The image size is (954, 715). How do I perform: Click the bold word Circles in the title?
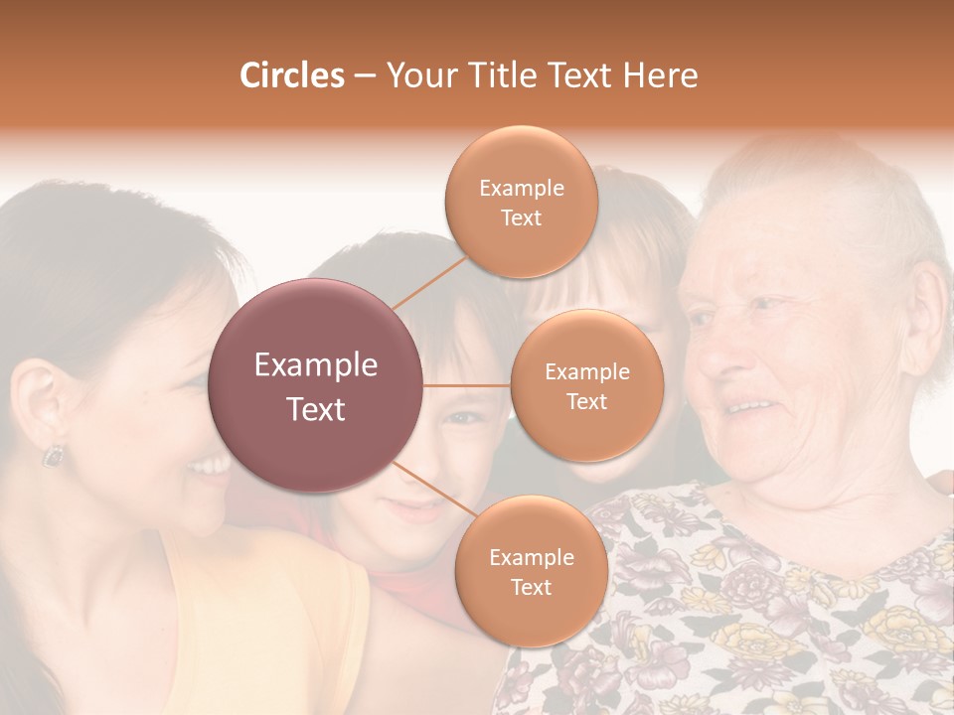tap(291, 75)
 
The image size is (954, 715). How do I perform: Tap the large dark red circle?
tap(316, 385)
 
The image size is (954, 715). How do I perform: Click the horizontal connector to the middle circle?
tap(467, 385)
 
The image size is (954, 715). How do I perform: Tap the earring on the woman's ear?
tap(52, 455)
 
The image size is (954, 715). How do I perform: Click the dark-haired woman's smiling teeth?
tap(212, 464)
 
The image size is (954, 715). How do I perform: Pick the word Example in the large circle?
tap(316, 365)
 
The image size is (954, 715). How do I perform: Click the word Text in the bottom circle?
tap(531, 587)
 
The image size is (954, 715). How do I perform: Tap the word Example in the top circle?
tap(521, 189)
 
